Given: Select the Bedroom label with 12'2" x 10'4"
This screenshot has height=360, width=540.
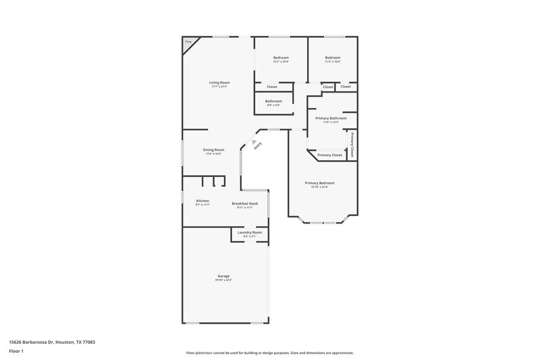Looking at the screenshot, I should (281, 57).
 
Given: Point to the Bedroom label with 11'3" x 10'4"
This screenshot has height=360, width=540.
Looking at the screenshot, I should (332, 57).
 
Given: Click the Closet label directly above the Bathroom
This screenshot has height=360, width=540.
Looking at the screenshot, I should (272, 86).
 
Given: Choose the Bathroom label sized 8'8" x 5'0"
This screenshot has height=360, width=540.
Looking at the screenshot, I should (273, 101).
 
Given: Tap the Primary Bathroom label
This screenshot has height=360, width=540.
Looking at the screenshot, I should (331, 118).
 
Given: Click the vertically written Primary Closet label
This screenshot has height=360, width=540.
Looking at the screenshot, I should (352, 145).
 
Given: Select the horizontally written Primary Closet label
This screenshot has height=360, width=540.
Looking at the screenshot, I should (329, 155).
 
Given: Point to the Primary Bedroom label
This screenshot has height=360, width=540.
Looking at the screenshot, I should (319, 183).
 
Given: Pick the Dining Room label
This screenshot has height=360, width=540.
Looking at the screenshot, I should (213, 150).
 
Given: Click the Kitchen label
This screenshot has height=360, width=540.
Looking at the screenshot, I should (202, 201).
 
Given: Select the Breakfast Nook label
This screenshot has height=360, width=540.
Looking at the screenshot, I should (244, 203).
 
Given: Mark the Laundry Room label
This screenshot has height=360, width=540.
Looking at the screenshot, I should (250, 232).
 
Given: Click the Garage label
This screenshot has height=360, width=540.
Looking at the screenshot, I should (223, 276).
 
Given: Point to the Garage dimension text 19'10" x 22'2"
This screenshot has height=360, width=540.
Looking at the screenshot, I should (223, 280).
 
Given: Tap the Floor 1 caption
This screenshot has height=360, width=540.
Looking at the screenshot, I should (16, 352).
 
